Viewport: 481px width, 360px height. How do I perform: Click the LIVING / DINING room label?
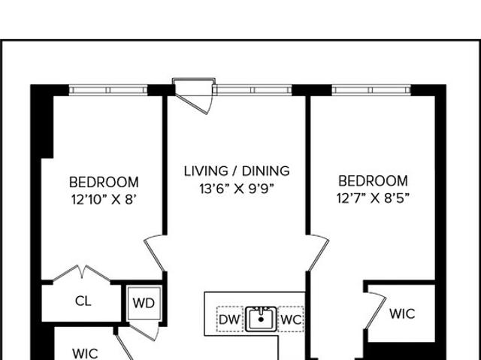click(237, 171)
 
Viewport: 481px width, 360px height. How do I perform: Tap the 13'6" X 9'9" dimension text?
click(236, 189)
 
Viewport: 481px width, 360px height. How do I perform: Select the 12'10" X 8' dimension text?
click(104, 200)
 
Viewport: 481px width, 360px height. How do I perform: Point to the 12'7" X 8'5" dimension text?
click(373, 198)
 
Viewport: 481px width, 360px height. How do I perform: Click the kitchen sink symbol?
click(261, 319)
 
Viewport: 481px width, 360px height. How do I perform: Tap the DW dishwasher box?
click(230, 319)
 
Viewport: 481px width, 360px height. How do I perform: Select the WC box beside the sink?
click(291, 319)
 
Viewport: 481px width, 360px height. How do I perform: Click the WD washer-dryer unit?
click(144, 303)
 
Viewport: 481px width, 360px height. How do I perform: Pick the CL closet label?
click(83, 301)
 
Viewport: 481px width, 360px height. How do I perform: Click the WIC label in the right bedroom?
click(402, 313)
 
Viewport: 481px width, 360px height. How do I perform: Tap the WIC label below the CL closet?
click(85, 353)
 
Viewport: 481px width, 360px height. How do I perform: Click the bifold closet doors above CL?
click(82, 273)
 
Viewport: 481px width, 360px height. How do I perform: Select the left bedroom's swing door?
click(154, 253)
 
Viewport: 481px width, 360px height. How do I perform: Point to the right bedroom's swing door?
click(319, 253)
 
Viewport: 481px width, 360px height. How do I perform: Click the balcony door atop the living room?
click(194, 96)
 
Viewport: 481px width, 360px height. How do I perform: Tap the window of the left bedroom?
click(108, 90)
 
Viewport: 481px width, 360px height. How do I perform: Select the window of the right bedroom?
click(371, 90)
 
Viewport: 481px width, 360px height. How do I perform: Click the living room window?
click(253, 90)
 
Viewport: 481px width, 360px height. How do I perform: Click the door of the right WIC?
click(376, 310)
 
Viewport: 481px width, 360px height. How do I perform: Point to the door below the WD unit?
click(144, 331)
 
